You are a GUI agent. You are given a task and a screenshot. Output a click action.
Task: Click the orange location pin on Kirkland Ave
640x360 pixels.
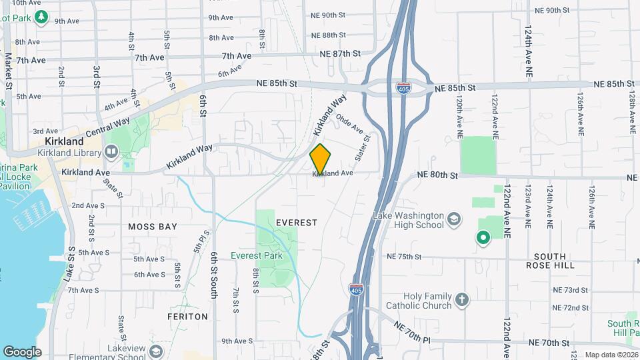tap(321, 159)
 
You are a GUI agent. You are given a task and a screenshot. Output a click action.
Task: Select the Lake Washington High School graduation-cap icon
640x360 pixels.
tap(454, 220)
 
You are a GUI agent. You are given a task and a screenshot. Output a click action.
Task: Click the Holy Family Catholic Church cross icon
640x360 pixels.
tap(463, 299)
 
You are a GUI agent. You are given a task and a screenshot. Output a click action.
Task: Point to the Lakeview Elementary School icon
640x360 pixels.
tap(156, 351)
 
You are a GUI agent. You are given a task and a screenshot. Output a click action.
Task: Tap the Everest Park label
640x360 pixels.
tap(257, 255)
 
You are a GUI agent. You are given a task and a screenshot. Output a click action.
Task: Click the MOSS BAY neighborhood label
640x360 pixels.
tap(153, 227)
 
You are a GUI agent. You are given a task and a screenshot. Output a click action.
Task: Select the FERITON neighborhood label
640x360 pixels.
tap(187, 317)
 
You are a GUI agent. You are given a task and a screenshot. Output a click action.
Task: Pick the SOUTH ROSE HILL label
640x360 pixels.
tap(550, 261)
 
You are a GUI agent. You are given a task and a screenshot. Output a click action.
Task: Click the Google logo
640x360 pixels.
tap(22, 352)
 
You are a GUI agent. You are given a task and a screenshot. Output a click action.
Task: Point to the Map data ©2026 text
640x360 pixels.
tap(611, 355)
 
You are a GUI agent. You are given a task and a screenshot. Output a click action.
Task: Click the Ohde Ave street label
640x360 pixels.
tap(349, 123)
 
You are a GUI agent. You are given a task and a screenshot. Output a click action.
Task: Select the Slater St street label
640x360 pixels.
tap(362, 146)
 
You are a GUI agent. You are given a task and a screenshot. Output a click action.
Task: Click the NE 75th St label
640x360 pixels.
tap(404, 256)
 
